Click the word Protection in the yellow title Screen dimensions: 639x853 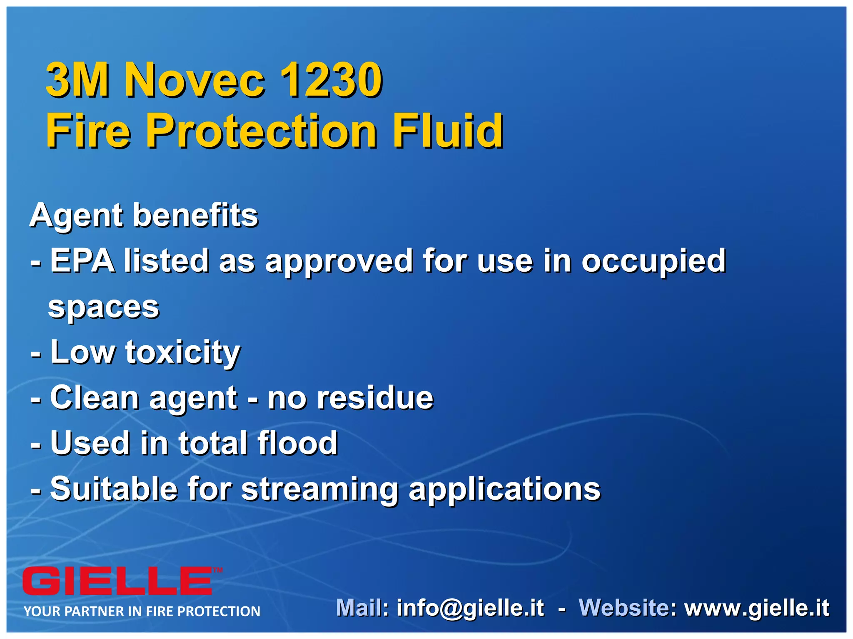[x=262, y=131]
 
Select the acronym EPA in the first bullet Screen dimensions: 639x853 [x=82, y=260]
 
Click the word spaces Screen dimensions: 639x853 [x=104, y=308]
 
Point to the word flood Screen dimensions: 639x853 [x=297, y=443]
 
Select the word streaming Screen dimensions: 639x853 [x=320, y=489]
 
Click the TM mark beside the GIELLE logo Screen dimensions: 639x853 [x=218, y=570]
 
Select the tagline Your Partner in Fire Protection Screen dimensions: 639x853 [x=142, y=611]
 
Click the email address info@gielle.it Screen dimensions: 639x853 [x=470, y=608]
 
